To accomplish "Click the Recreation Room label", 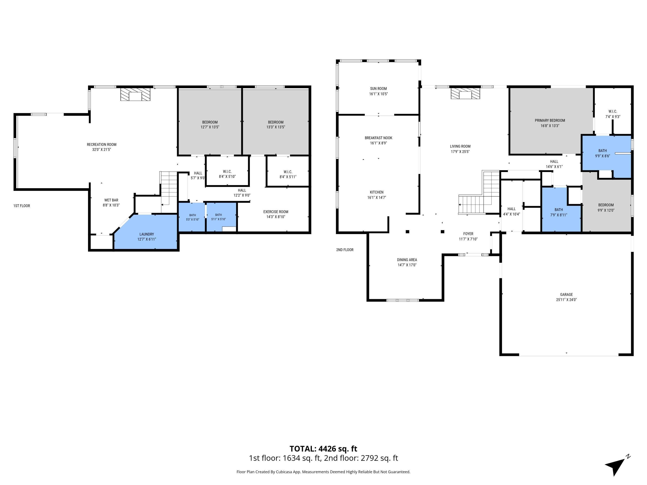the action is coord(102,144).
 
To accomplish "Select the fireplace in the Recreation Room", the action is coord(135,94).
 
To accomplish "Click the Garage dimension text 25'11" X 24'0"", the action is coord(566,300).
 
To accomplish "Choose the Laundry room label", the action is coord(146,234).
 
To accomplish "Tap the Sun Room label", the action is coord(378,89).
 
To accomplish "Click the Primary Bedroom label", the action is coord(550,120).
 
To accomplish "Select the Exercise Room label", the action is coord(276,212).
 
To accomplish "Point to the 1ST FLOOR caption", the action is coord(22,206).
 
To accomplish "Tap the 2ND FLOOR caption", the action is coord(345,250).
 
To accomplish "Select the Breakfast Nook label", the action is coord(378,138).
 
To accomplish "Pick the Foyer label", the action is coord(468,234).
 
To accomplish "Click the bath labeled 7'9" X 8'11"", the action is coord(559,212).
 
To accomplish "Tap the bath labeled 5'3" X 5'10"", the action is coord(192,217).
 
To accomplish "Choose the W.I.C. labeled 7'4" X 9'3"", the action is coord(613,114).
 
